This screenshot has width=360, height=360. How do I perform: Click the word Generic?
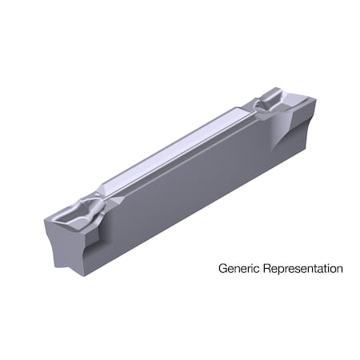[x=238, y=269]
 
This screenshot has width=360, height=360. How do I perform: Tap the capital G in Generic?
[x=223, y=268]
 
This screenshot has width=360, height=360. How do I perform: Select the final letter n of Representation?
[x=339, y=270]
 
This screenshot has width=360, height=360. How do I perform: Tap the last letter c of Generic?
[x=254, y=270]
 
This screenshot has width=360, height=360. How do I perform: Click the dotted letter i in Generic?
[x=250, y=268]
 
